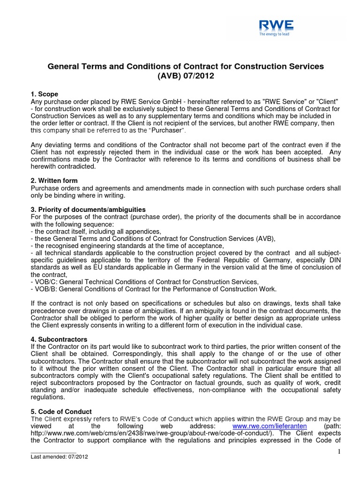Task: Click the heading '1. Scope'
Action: click(45, 94)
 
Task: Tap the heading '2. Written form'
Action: click(54, 180)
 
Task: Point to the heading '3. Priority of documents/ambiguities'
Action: click(88, 209)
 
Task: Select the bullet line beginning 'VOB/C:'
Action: click(144, 281)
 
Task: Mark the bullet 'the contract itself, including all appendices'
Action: click(96, 231)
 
